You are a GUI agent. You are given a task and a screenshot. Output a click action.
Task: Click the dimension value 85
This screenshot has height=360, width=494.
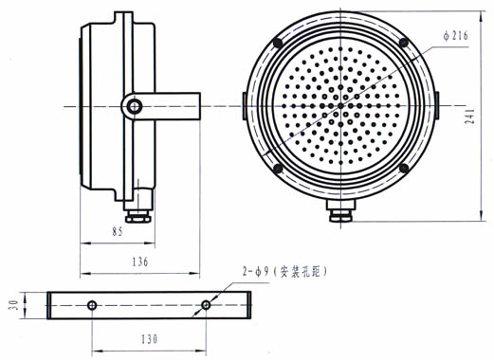point(118,232)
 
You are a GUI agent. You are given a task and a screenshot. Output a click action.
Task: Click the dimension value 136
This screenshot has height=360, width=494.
point(140,261)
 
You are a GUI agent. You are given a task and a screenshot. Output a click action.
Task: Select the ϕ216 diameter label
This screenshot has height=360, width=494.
point(455,36)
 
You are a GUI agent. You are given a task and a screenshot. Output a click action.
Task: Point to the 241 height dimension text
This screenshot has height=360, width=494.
point(470,116)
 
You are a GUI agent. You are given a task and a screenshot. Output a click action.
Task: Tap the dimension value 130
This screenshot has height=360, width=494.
point(149,339)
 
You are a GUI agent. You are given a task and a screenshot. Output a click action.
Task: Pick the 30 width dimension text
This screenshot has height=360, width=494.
point(13,305)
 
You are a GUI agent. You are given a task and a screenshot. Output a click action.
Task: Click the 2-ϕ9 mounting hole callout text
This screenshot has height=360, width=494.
point(284,272)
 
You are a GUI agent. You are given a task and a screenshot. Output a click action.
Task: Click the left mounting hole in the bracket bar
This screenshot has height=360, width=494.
point(92,305)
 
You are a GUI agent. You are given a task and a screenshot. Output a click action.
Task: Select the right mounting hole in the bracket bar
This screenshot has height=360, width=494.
point(206,305)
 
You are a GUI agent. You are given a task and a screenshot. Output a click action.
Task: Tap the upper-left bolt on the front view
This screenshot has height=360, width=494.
point(278,43)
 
